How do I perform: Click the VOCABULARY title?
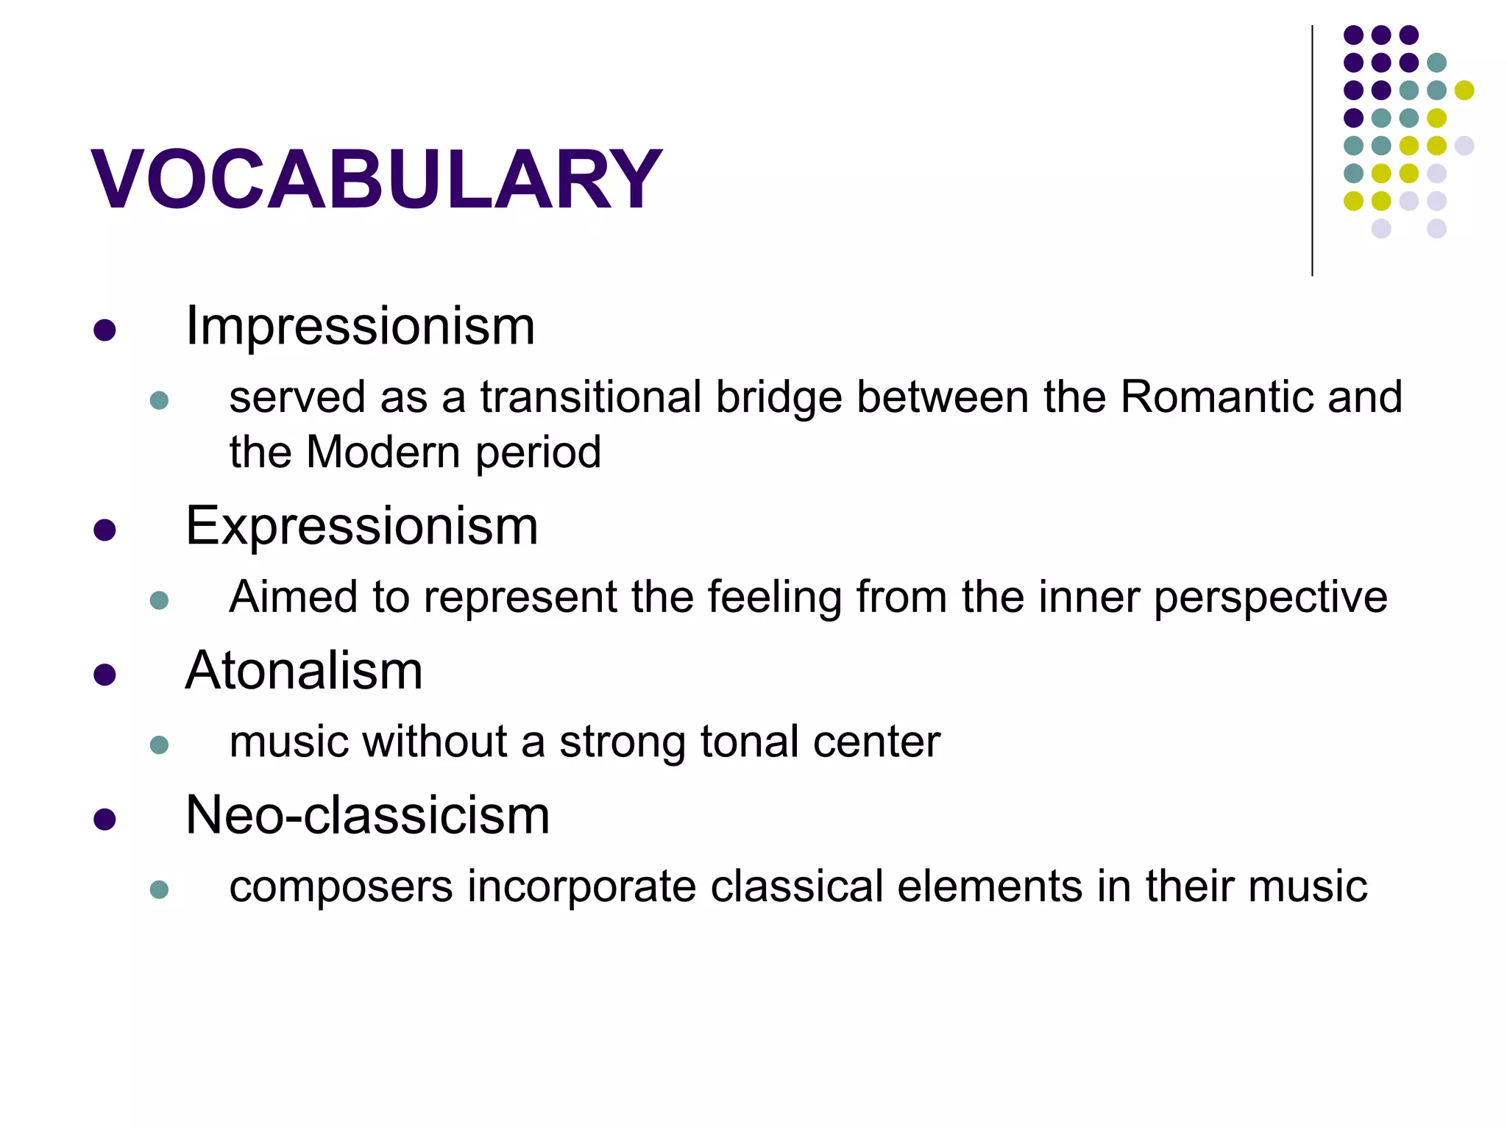tap(376, 180)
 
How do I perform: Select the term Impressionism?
tap(360, 326)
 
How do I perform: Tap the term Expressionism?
tap(361, 526)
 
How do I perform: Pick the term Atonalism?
tap(304, 671)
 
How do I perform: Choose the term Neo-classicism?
tap(367, 815)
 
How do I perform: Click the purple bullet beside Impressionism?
tap(104, 330)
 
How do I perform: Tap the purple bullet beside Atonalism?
tap(104, 675)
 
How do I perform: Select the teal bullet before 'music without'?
tap(159, 745)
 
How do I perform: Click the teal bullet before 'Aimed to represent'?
tap(159, 600)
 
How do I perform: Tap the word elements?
tap(990, 886)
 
